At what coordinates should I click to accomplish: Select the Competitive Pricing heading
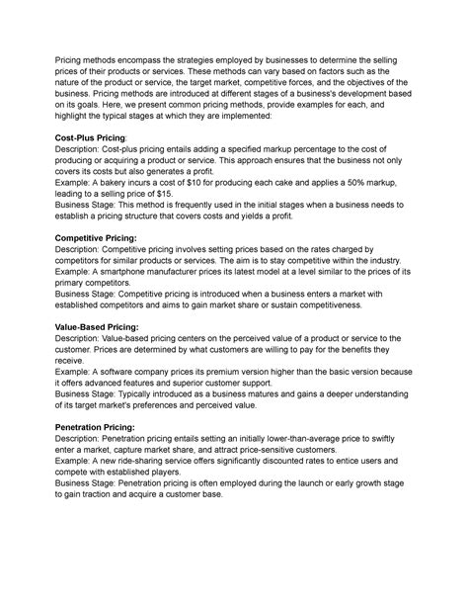click(109, 238)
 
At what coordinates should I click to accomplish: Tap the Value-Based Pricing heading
click(106, 323)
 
